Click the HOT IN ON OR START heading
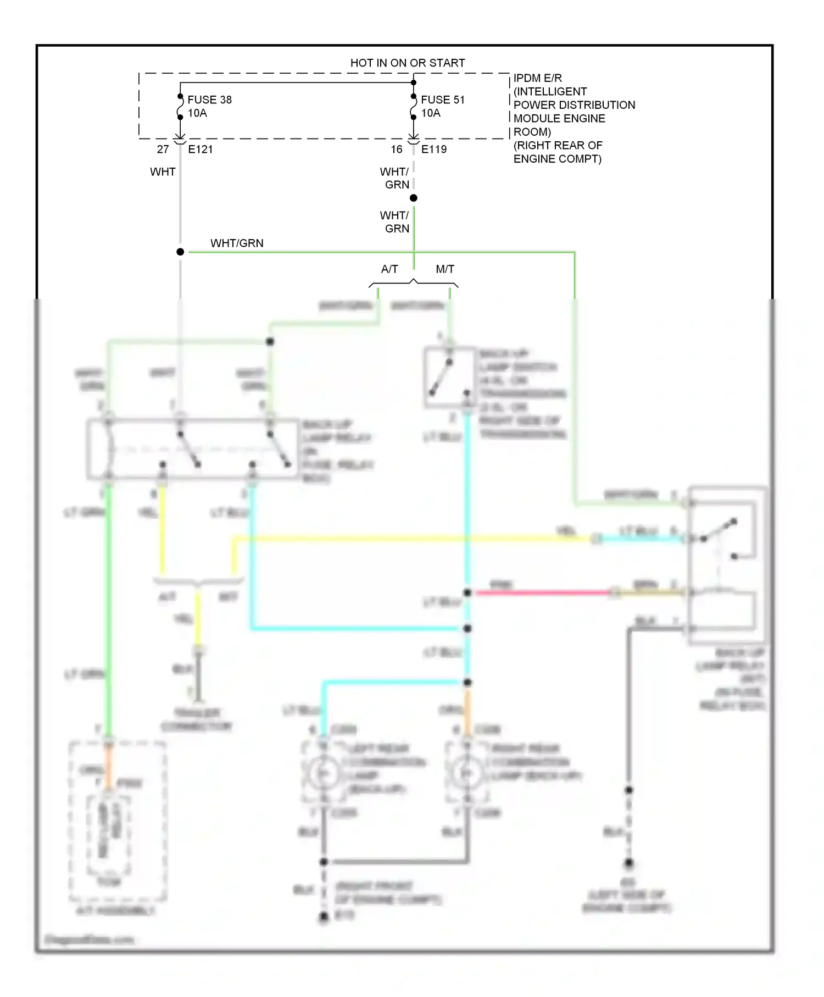[408, 63]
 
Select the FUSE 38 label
[209, 99]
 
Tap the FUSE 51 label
[443, 99]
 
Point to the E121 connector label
[200, 149]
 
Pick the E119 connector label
[434, 149]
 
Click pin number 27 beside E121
[163, 149]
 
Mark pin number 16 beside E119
[397, 149]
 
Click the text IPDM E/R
[537, 78]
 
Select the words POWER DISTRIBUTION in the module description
[574, 105]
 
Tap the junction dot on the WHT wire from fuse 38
[180, 252]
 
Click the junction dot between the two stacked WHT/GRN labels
[414, 198]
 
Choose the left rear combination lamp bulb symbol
[324, 773]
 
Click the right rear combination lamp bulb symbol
[467, 773]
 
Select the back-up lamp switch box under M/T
[449, 378]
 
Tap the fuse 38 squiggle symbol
[180, 107]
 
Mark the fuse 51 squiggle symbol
[414, 107]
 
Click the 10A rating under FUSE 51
[431, 113]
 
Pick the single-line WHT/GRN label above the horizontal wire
[237, 243]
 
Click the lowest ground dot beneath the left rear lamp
[324, 916]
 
